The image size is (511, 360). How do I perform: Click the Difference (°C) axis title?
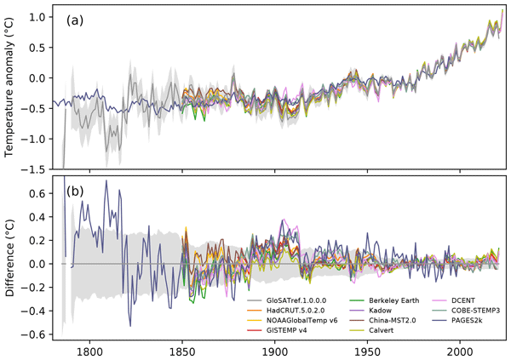(x=12, y=258)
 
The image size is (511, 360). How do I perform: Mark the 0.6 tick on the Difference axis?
(x=40, y=193)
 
